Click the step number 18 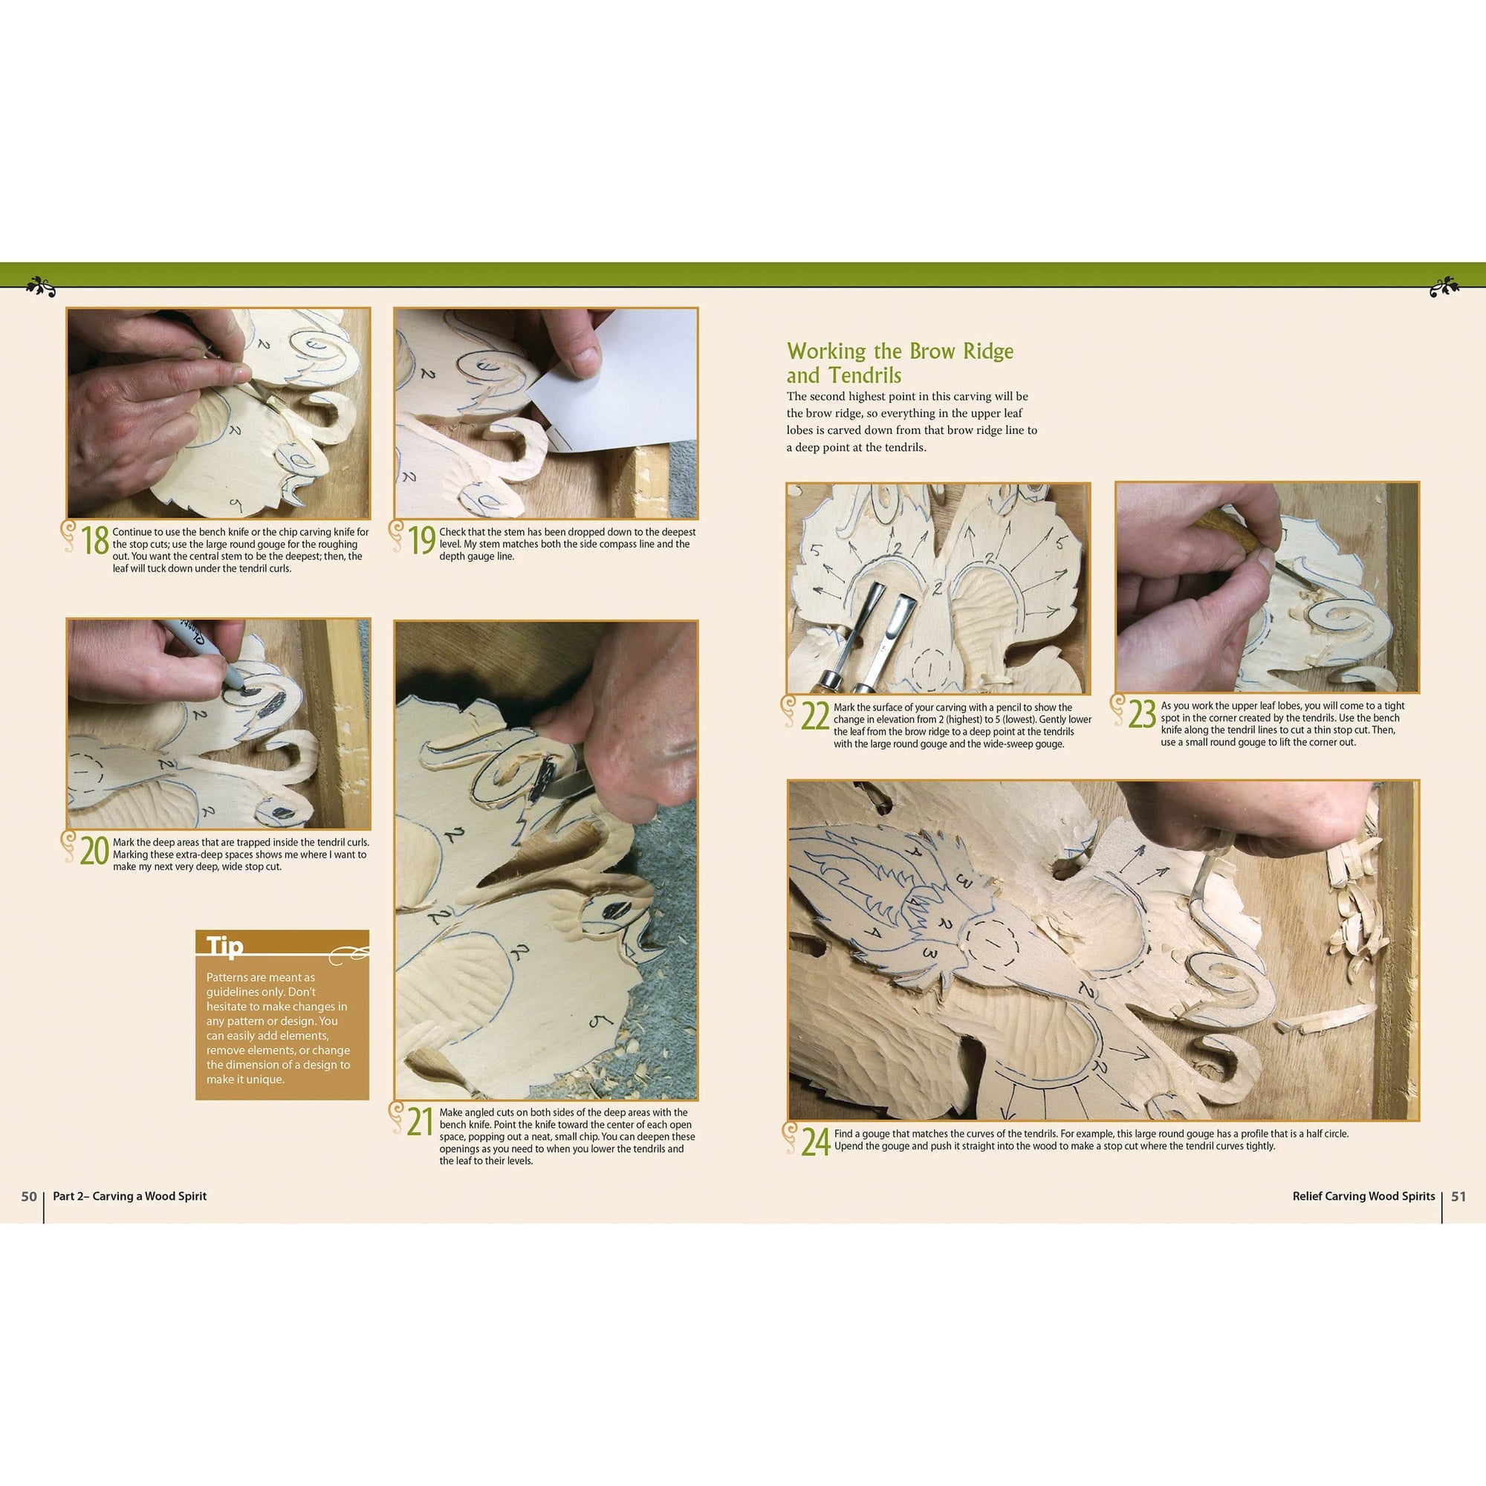point(95,541)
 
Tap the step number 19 point(421,541)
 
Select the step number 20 point(94,851)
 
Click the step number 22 point(815,716)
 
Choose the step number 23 point(1143,715)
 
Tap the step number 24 point(815,1141)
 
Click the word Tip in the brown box point(224,946)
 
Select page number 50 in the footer point(28,1197)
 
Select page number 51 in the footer point(1459,1197)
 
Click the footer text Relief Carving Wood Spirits point(1363,1197)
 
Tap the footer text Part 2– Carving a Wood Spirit point(130,1197)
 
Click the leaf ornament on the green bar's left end point(40,286)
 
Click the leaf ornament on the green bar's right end point(1444,286)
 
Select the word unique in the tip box point(264,1079)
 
